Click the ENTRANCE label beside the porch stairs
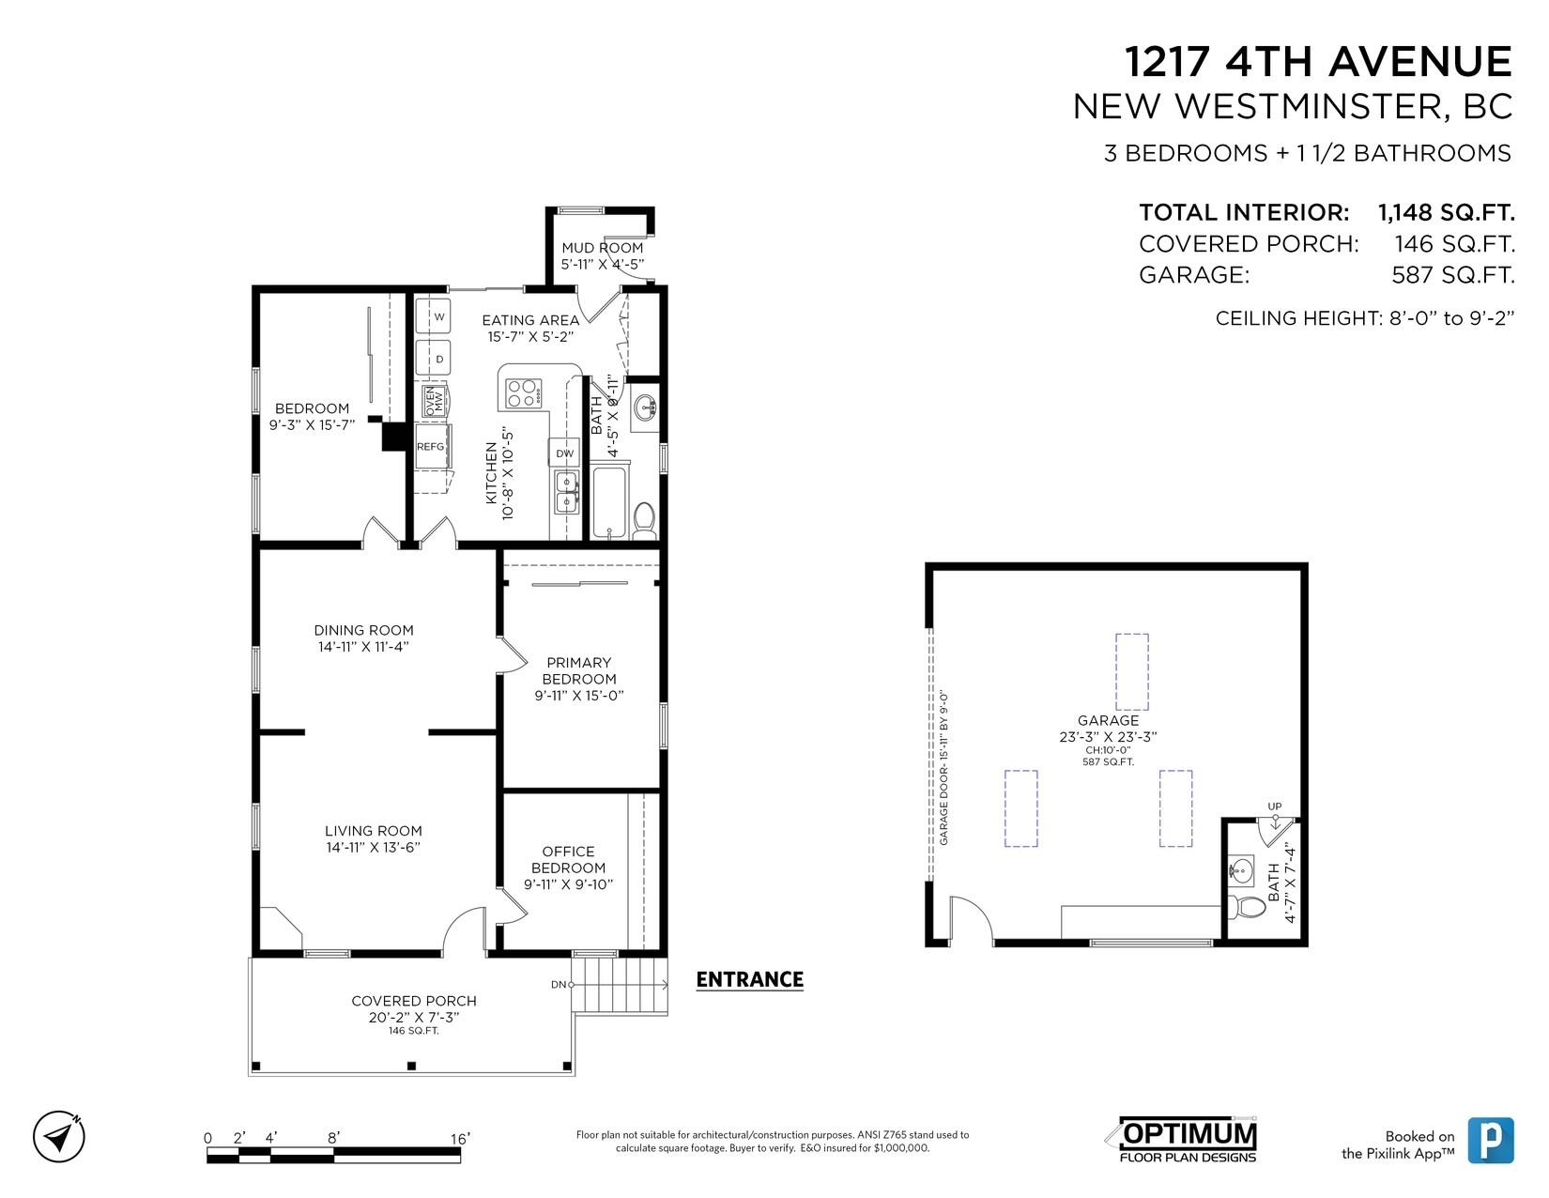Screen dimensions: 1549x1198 tap(749, 979)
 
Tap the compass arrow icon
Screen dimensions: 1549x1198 tap(59, 1136)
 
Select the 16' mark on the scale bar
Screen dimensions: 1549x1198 tap(460, 1139)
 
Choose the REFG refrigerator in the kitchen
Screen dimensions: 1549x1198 tap(431, 446)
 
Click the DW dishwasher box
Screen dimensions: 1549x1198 tap(564, 453)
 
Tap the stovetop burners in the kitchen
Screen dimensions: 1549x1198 tap(523, 392)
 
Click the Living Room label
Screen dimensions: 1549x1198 tap(373, 830)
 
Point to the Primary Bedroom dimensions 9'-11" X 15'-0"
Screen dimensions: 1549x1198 tap(579, 695)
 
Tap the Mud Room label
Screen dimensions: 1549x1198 tap(603, 247)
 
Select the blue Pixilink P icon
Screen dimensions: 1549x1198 tap(1490, 1141)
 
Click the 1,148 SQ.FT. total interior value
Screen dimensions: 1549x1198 tap(1447, 212)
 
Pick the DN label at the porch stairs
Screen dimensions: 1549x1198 tap(559, 984)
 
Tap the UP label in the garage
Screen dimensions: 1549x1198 tap(1275, 806)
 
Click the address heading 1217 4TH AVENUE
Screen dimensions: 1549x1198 tap(1318, 61)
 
